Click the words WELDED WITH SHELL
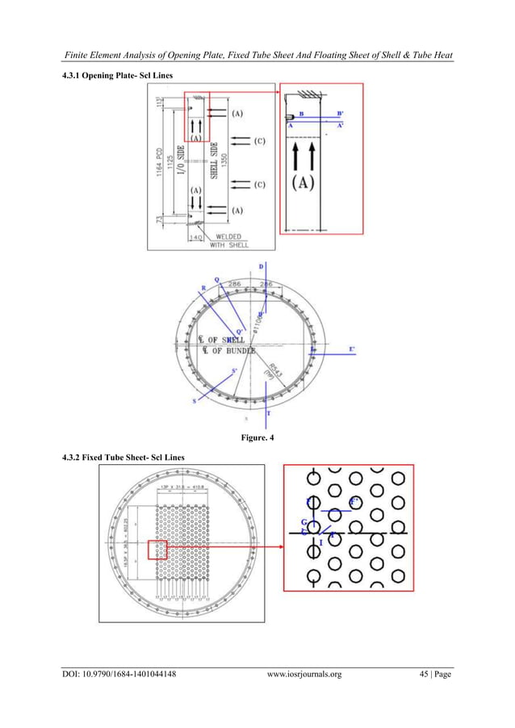tap(224, 241)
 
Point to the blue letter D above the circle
tap(261, 266)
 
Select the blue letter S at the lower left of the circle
tap(194, 400)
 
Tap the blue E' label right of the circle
tap(351, 349)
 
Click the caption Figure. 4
tap(257, 439)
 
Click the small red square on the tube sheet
tap(157, 550)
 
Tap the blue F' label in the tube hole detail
tap(353, 502)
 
